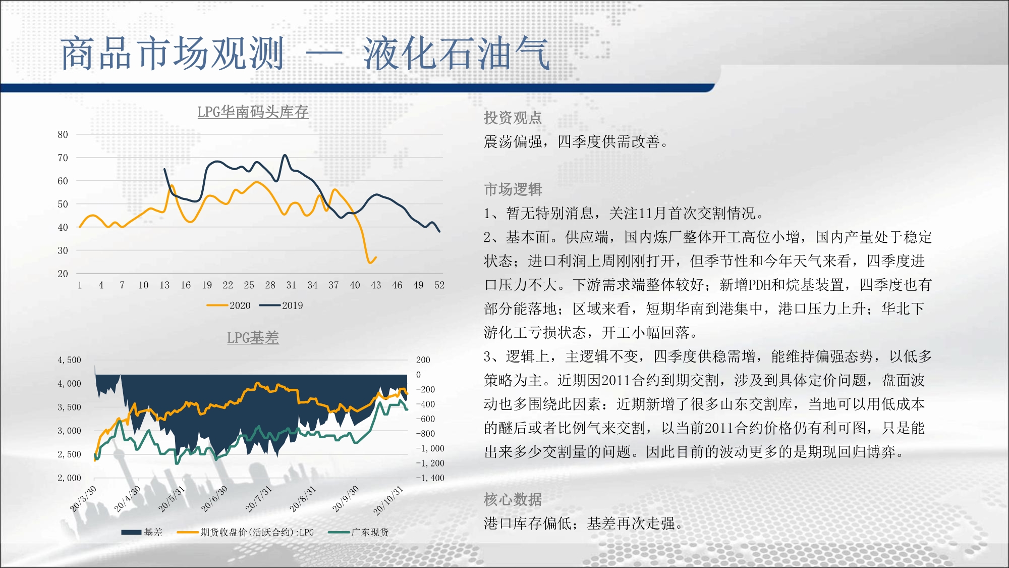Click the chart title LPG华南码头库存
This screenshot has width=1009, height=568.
tap(253, 112)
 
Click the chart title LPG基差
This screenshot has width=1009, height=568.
tap(253, 337)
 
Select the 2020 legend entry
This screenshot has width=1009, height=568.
tap(229, 305)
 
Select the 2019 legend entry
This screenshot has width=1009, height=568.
tap(281, 305)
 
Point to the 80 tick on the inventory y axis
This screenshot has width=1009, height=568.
tap(63, 134)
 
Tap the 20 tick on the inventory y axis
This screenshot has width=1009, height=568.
tap(63, 274)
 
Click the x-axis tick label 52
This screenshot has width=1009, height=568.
tap(439, 285)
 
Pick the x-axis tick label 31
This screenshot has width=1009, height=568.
tap(291, 285)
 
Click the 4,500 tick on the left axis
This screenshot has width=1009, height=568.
tap(69, 360)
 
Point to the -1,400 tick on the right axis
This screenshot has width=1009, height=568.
tap(430, 478)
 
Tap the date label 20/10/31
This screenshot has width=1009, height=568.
tap(388, 500)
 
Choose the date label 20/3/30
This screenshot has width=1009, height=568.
tap(83, 499)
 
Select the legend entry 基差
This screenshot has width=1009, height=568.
tap(142, 532)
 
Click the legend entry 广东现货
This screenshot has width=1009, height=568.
tap(358, 532)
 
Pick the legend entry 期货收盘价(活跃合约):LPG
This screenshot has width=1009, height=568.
tap(246, 532)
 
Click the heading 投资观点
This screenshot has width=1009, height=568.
tap(513, 118)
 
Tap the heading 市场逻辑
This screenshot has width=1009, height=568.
tap(513, 189)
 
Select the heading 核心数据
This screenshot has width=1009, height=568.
tap(513, 499)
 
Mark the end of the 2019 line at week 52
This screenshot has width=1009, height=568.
tap(439, 231)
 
